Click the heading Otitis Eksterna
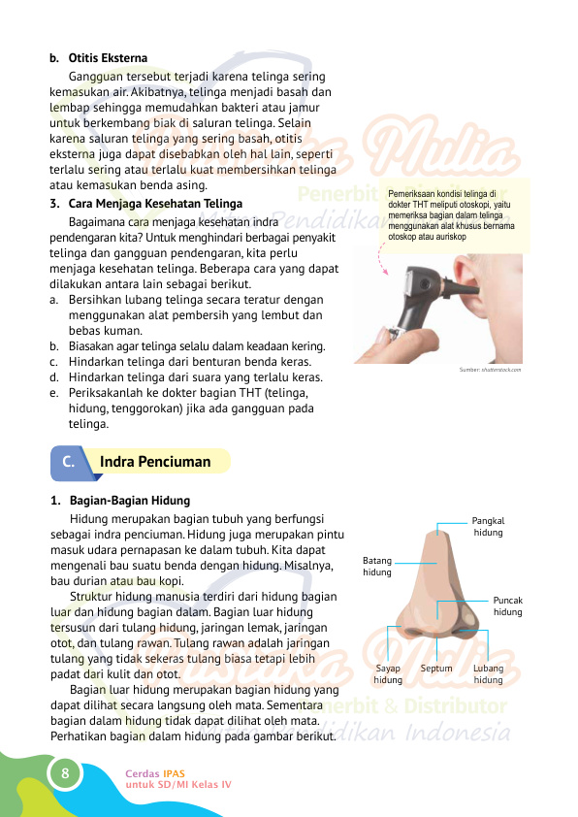[x=108, y=58]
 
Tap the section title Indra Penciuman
[x=155, y=462]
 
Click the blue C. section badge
[x=69, y=463]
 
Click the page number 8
[x=64, y=773]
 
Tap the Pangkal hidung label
[x=488, y=527]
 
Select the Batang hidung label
[x=377, y=567]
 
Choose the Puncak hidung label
[x=507, y=606]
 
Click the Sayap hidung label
[x=388, y=674]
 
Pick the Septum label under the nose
[x=436, y=669]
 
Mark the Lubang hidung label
[x=488, y=674]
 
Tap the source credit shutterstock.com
[x=490, y=370]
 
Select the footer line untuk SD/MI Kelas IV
[x=178, y=783]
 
